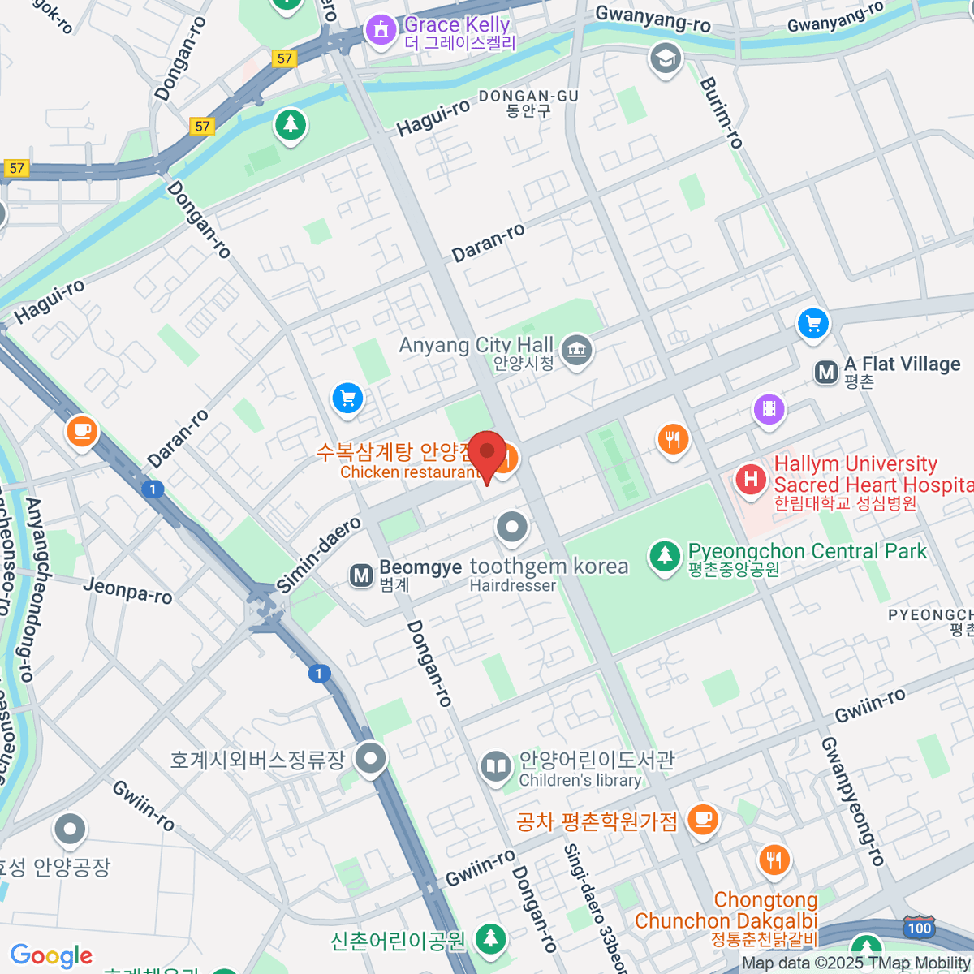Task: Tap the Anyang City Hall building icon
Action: [577, 351]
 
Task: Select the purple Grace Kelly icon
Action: [379, 30]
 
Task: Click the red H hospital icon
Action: [751, 479]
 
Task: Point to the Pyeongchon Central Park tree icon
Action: [665, 556]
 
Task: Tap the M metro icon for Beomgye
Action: [360, 576]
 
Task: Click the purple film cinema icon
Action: [769, 409]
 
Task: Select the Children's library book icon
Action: [495, 765]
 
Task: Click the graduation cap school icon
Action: [666, 58]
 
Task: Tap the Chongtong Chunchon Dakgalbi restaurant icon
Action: [774, 860]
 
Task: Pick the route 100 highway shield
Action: [919, 928]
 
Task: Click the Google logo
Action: [51, 956]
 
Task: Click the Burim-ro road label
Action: [721, 113]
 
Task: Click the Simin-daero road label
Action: [318, 555]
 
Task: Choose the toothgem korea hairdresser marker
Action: [512, 527]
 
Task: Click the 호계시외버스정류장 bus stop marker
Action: [371, 759]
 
